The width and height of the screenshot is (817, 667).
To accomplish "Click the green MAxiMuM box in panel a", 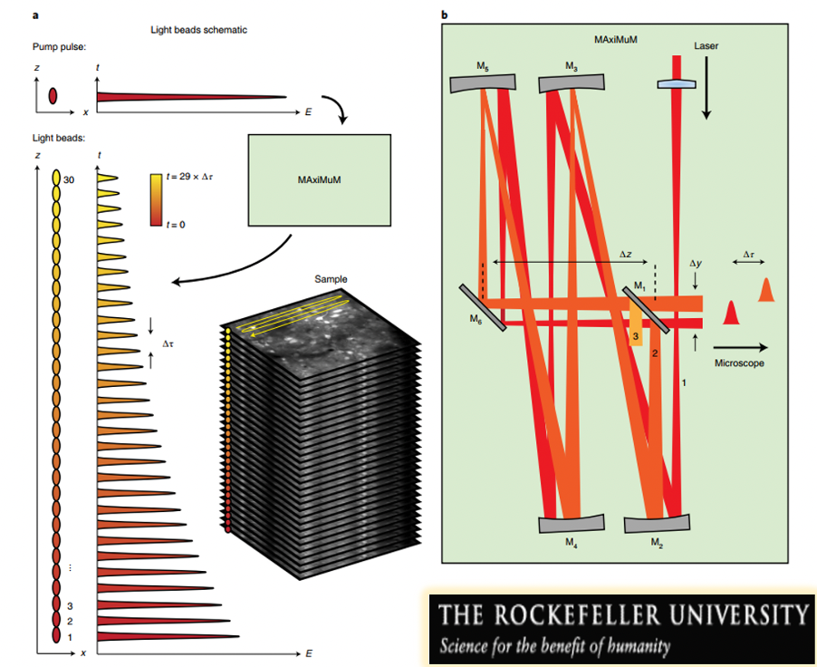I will pos(318,180).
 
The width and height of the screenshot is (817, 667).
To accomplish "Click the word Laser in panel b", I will pos(706,44).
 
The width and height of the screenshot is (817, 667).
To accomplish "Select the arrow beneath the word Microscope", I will pos(741,346).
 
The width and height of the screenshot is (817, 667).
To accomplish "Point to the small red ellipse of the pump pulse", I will pos(53,95).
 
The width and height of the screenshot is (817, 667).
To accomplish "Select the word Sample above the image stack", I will pos(331,279).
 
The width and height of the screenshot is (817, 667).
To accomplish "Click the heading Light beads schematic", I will pos(198,30).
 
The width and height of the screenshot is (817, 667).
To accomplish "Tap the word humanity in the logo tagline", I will pos(639,647).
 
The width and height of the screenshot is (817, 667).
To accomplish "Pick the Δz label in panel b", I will pos(625,255).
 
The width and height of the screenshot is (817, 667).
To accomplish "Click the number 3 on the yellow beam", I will pos(637,335).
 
